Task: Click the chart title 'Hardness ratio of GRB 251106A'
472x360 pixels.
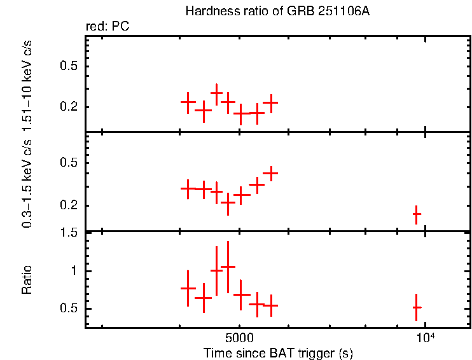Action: pos(277,11)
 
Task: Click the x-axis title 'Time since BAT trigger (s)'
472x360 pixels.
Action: pos(278,352)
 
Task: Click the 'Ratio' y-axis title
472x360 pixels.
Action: pos(27,280)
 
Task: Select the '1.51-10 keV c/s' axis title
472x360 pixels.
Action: pos(27,85)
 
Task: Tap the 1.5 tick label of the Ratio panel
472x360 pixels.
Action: pos(69,233)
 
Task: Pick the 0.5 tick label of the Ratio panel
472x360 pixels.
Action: pos(69,309)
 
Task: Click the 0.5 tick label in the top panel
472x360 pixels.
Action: pos(69,67)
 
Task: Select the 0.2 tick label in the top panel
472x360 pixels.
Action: pos(69,107)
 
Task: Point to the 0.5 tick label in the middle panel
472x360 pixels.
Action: pos(69,163)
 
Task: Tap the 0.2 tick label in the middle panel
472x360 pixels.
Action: pos(69,205)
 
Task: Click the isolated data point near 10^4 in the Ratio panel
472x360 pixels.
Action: pos(417,307)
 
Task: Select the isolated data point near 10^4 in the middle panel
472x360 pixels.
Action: pos(417,214)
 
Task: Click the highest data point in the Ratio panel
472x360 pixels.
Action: pos(228,267)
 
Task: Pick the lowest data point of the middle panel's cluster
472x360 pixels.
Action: pos(228,203)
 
